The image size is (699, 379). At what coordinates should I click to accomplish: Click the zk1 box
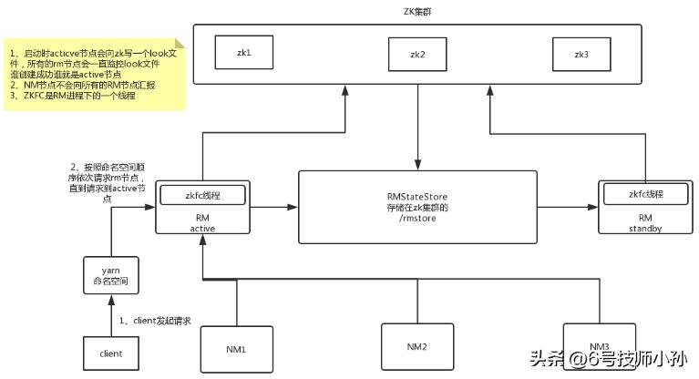coord(244,54)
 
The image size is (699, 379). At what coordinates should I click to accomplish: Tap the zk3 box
coord(581,55)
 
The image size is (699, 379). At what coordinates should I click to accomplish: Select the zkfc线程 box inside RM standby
coord(645,194)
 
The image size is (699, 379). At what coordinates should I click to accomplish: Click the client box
coord(111,353)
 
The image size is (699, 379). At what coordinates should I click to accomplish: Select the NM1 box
coord(236,350)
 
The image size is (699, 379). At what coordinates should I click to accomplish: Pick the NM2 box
coord(416,347)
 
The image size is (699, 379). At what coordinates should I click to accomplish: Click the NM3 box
coord(598,346)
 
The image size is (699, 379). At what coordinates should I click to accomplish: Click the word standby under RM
coord(645,229)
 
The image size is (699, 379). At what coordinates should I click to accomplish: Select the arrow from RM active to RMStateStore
coord(272,208)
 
